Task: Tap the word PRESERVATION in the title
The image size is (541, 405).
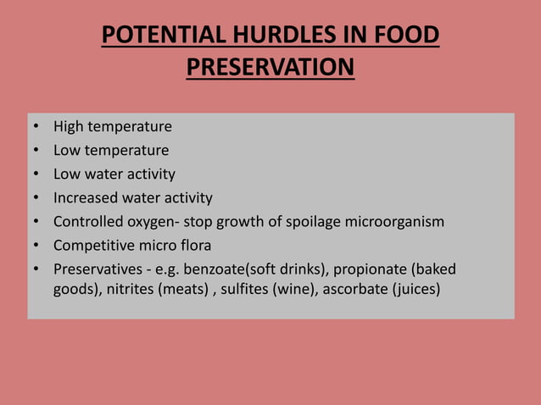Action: pyautogui.click(x=270, y=67)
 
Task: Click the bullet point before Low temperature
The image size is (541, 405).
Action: pyautogui.click(x=36, y=151)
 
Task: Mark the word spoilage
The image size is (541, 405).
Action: pyautogui.click(x=318, y=222)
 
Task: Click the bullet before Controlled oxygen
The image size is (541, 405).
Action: pyautogui.click(x=36, y=222)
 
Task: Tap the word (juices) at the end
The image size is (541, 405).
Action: pyautogui.click(x=416, y=288)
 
